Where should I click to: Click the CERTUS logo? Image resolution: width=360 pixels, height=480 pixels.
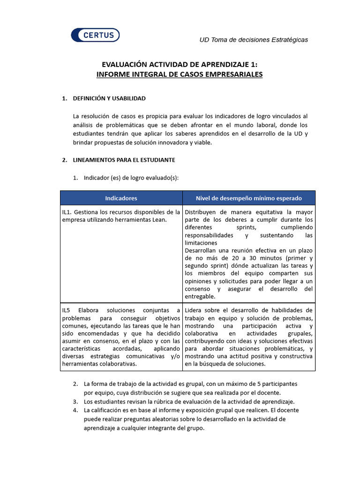(x=95, y=35)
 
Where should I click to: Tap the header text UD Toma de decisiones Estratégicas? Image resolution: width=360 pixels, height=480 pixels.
(x=254, y=40)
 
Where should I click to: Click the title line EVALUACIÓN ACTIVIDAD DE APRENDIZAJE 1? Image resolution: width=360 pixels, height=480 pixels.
(x=180, y=65)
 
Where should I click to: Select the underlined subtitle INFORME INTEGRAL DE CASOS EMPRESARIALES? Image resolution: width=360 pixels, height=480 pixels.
(x=180, y=75)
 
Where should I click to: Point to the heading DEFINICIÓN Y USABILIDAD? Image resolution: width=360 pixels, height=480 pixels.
(x=109, y=98)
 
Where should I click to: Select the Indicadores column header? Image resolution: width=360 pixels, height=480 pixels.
(x=121, y=198)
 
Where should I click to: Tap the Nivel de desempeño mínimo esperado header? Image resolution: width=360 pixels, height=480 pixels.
(x=248, y=198)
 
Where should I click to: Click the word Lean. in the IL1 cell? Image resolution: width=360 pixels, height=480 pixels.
(x=158, y=220)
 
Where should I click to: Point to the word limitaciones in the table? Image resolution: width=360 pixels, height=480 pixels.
(x=201, y=243)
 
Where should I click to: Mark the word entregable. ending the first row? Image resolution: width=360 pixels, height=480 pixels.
(x=200, y=296)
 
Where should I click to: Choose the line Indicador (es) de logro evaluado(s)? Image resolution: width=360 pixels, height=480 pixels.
(x=131, y=178)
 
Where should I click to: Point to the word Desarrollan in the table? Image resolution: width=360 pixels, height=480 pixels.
(x=202, y=250)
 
